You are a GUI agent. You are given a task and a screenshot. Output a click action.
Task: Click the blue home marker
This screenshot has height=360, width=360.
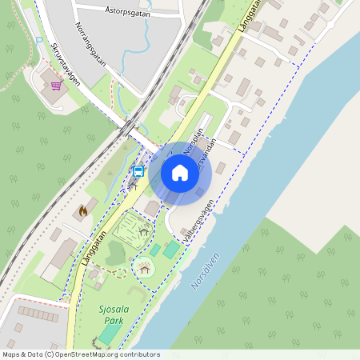pos(180,173)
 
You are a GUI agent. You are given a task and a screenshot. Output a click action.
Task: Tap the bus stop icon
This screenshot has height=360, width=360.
pos(138,171)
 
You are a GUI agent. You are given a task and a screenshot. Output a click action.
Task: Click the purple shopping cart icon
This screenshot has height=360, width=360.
pos(56,85)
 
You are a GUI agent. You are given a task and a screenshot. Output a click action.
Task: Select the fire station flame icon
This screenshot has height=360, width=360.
pos(82,211)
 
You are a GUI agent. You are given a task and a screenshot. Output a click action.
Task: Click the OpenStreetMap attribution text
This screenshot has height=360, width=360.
pos(80,354)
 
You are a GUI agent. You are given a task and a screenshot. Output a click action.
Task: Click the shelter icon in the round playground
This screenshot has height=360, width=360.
pos(144,270)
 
